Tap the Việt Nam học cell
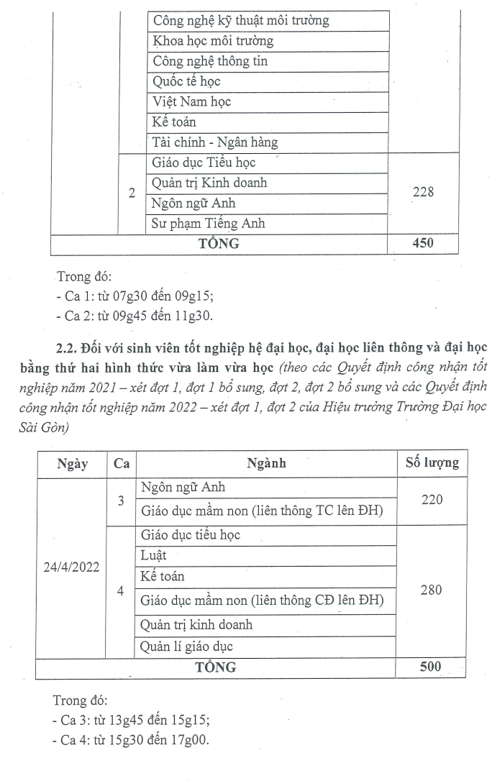191,102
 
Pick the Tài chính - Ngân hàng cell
214,142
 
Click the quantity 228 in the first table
423,193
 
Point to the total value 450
423,244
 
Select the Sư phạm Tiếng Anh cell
208,224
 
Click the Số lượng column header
428,463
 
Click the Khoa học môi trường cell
212,41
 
